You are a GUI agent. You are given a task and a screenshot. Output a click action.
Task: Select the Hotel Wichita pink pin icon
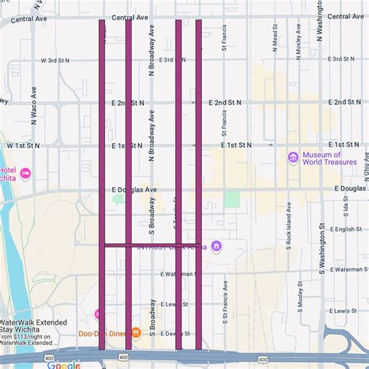pyautogui.click(x=26, y=173)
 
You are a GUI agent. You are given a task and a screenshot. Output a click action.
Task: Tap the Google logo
pyautogui.click(x=63, y=364)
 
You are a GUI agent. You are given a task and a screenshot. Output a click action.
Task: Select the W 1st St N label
pyautogui.click(x=23, y=146)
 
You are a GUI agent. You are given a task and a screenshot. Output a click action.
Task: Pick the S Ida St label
pyautogui.click(x=346, y=209)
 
